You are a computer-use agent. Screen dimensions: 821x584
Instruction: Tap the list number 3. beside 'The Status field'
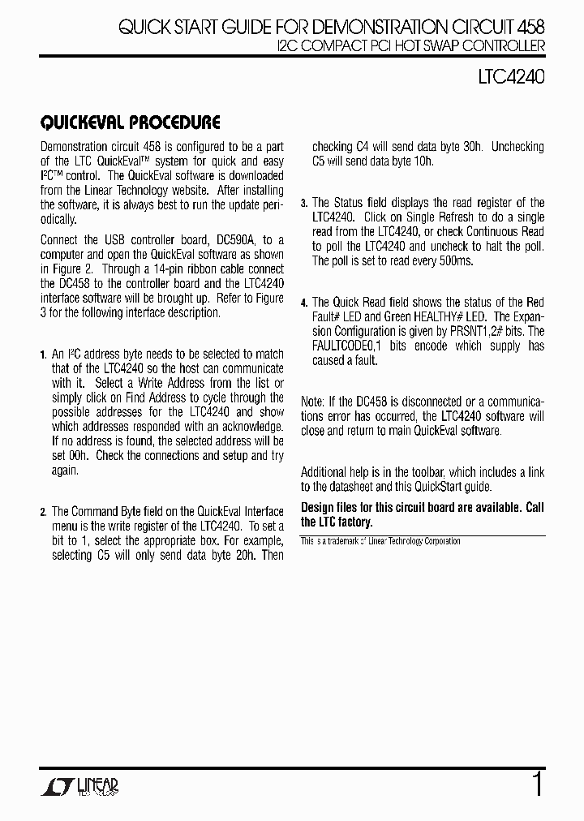304,204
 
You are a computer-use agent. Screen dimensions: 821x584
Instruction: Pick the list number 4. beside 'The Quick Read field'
304,303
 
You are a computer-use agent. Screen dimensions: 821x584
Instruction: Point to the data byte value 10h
422,161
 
